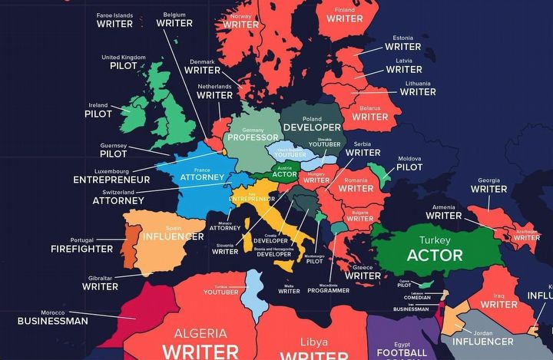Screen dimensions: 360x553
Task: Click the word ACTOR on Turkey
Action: pyautogui.click(x=435, y=255)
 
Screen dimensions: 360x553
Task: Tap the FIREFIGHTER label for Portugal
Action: pyautogui.click(x=82, y=249)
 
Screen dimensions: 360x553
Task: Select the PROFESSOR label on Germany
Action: pyautogui.click(x=251, y=139)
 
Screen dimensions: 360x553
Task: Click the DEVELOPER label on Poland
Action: pyautogui.click(x=312, y=127)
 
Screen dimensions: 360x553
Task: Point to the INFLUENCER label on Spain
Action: pyautogui.click(x=173, y=236)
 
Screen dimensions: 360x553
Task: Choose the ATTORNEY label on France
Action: pyautogui.click(x=202, y=177)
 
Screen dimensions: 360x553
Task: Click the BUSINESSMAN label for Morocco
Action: pyautogui.click(x=53, y=321)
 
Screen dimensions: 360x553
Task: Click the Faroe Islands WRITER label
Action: pyautogui.click(x=114, y=24)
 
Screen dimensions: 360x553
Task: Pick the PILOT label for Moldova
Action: pyautogui.click(x=409, y=167)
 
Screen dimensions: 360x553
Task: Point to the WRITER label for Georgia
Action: pyautogui.click(x=488, y=189)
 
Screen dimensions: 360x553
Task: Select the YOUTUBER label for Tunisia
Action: pyautogui.click(x=221, y=292)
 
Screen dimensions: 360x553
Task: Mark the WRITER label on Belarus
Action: pyautogui.click(x=370, y=117)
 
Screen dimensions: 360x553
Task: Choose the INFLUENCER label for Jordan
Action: pyautogui.click(x=482, y=341)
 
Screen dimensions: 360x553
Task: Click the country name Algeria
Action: pyautogui.click(x=200, y=333)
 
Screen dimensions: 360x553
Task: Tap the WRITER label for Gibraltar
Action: pyautogui.click(x=100, y=286)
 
